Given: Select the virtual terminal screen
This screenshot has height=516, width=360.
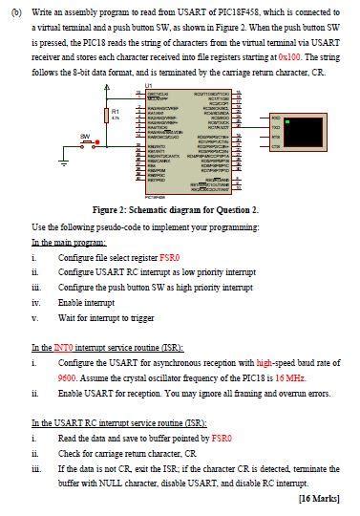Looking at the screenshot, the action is point(306,132).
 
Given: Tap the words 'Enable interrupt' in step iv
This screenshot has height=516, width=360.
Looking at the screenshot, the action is point(84,302).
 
